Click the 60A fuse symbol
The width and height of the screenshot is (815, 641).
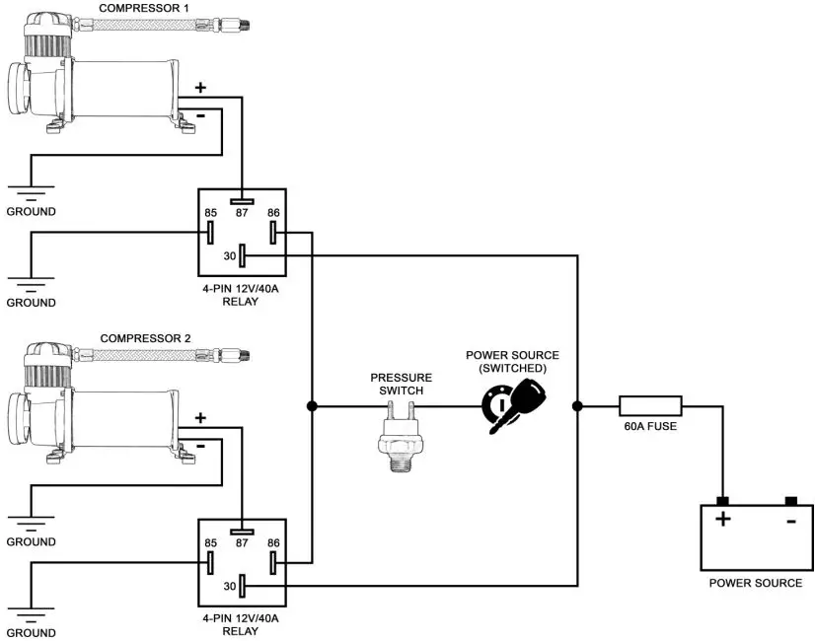tap(649, 404)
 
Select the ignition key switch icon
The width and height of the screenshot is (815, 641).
tap(512, 402)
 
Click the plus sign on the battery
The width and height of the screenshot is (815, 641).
tap(723, 519)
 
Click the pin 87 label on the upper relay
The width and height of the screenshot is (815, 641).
tap(242, 212)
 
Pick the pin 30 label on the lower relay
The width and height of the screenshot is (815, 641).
tap(229, 585)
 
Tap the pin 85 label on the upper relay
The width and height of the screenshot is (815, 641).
tap(210, 212)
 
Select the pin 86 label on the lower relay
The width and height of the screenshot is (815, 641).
tap(273, 542)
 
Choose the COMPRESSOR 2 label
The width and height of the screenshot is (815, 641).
tap(146, 338)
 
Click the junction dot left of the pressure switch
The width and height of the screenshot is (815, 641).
tap(312, 404)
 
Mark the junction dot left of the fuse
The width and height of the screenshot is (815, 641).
tap(577, 404)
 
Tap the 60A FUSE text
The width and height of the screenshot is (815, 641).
tap(649, 426)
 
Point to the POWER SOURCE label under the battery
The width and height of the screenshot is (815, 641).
tap(756, 583)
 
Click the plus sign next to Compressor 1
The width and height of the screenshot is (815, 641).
tap(201, 87)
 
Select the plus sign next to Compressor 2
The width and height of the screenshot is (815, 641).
tap(201, 417)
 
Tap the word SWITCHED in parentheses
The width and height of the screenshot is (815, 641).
tap(512, 368)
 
